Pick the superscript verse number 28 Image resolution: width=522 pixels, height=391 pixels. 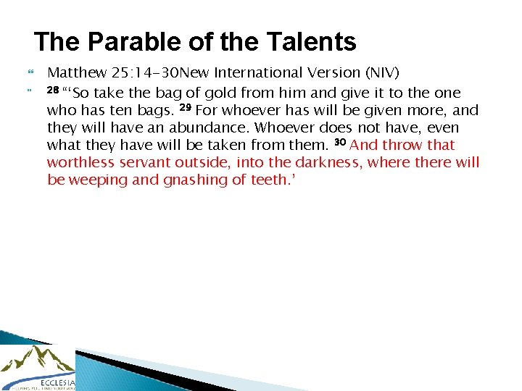53,91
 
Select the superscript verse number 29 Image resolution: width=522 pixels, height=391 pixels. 185,108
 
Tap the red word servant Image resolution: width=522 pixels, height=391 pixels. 149,162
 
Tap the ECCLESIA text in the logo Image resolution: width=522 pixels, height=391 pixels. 58,381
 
